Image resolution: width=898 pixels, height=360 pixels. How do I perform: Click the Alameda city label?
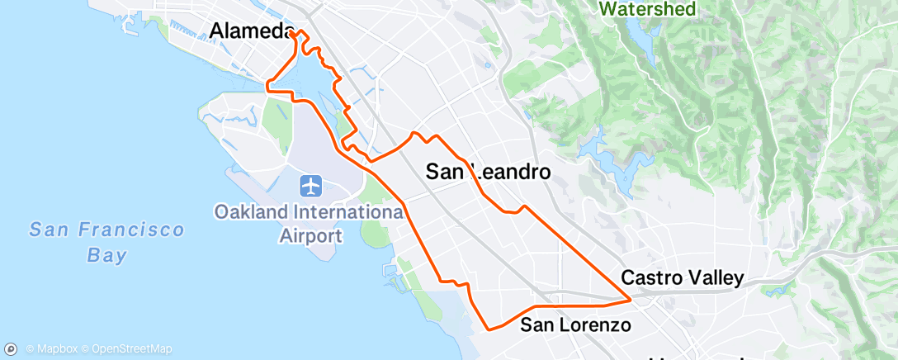click(x=252, y=31)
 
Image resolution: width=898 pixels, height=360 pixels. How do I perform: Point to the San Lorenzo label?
click(x=575, y=324)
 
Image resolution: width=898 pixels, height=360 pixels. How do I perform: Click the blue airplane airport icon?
click(x=310, y=187)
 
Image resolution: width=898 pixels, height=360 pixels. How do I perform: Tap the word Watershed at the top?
click(x=648, y=9)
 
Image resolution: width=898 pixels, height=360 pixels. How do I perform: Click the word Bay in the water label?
click(x=107, y=254)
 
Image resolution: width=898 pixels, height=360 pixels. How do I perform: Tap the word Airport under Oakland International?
click(x=310, y=236)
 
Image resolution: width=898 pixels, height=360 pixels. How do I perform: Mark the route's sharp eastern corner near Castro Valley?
click(x=632, y=298)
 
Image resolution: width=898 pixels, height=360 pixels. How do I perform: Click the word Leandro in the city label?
click(x=507, y=172)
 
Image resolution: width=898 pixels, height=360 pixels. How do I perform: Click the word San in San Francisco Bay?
click(x=49, y=230)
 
